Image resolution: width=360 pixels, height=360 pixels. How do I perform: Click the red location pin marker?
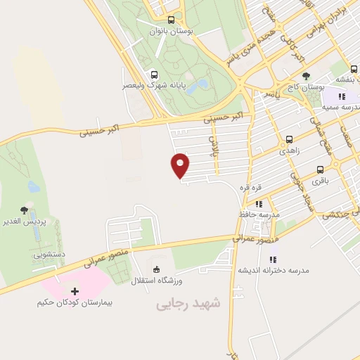click(x=180, y=165)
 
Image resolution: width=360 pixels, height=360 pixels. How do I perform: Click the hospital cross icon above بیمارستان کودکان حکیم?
click(x=76, y=290)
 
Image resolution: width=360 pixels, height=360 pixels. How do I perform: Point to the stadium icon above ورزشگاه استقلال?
click(x=156, y=269)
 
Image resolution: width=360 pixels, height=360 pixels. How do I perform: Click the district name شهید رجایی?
click(x=188, y=303)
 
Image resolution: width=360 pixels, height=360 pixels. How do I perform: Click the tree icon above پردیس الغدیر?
click(x=25, y=210)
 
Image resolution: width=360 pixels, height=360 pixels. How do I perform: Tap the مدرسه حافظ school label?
click(x=260, y=213)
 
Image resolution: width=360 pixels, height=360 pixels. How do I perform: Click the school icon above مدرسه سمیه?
click(x=341, y=96)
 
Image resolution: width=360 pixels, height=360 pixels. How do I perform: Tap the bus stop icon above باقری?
click(x=321, y=169)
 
